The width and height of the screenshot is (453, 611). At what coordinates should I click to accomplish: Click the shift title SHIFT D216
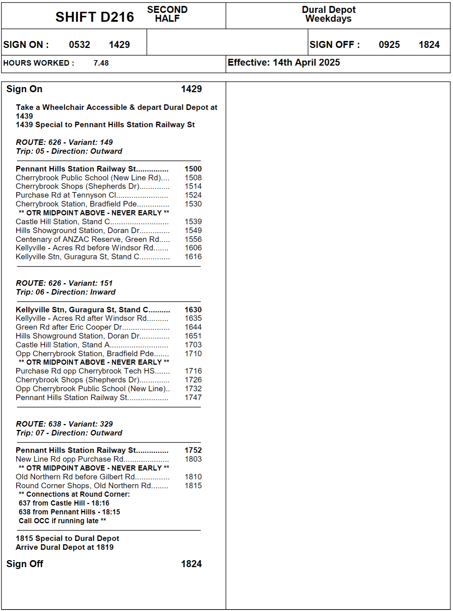[95, 17]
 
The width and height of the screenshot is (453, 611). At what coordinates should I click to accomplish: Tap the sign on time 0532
[79, 45]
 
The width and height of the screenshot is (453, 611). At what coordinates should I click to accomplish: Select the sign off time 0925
[389, 45]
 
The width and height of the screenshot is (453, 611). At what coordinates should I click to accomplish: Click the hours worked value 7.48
[101, 63]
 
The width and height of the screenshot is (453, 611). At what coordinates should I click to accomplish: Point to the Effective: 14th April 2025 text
[283, 62]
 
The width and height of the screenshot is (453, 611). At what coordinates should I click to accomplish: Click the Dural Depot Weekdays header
[328, 14]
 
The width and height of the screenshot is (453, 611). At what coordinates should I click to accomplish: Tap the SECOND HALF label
[167, 14]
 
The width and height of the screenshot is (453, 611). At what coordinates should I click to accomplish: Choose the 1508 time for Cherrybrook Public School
[193, 178]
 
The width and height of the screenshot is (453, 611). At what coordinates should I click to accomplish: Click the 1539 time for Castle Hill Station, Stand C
[193, 222]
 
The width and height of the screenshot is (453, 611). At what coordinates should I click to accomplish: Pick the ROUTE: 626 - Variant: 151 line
[64, 283]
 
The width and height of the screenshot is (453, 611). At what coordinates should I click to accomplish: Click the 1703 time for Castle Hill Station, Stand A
[193, 345]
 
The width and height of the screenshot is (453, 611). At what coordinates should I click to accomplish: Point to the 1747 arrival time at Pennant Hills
[193, 398]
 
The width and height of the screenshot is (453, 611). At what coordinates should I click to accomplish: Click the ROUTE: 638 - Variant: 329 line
[64, 424]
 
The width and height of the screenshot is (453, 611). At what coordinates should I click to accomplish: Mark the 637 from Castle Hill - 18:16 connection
[64, 503]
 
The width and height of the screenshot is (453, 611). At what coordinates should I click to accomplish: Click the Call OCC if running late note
[62, 521]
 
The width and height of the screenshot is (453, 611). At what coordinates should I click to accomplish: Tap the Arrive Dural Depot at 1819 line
[65, 547]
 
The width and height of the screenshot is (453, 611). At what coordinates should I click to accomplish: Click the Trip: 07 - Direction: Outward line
[69, 433]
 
